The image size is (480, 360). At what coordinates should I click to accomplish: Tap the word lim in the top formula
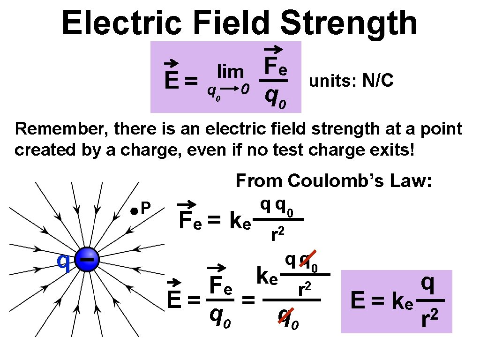[230, 72]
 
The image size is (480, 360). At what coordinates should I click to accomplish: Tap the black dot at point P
[135, 211]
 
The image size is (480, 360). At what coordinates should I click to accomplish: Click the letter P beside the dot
[145, 208]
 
